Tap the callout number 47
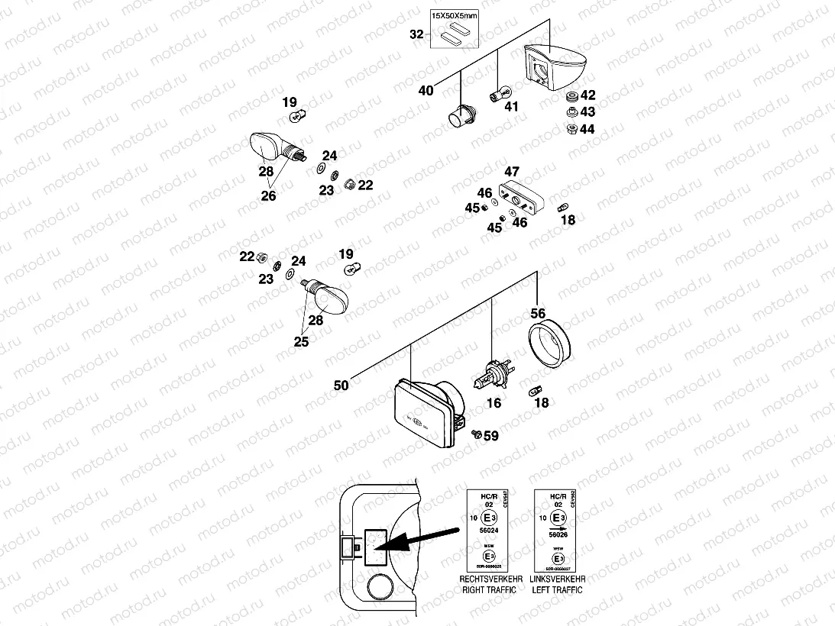tap(511, 172)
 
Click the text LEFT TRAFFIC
tap(557, 590)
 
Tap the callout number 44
tap(587, 129)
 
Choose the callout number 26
tap(268, 195)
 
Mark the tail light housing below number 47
tap(519, 198)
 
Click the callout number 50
tap(341, 386)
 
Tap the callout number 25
tap(302, 342)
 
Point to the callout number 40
tap(426, 91)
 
